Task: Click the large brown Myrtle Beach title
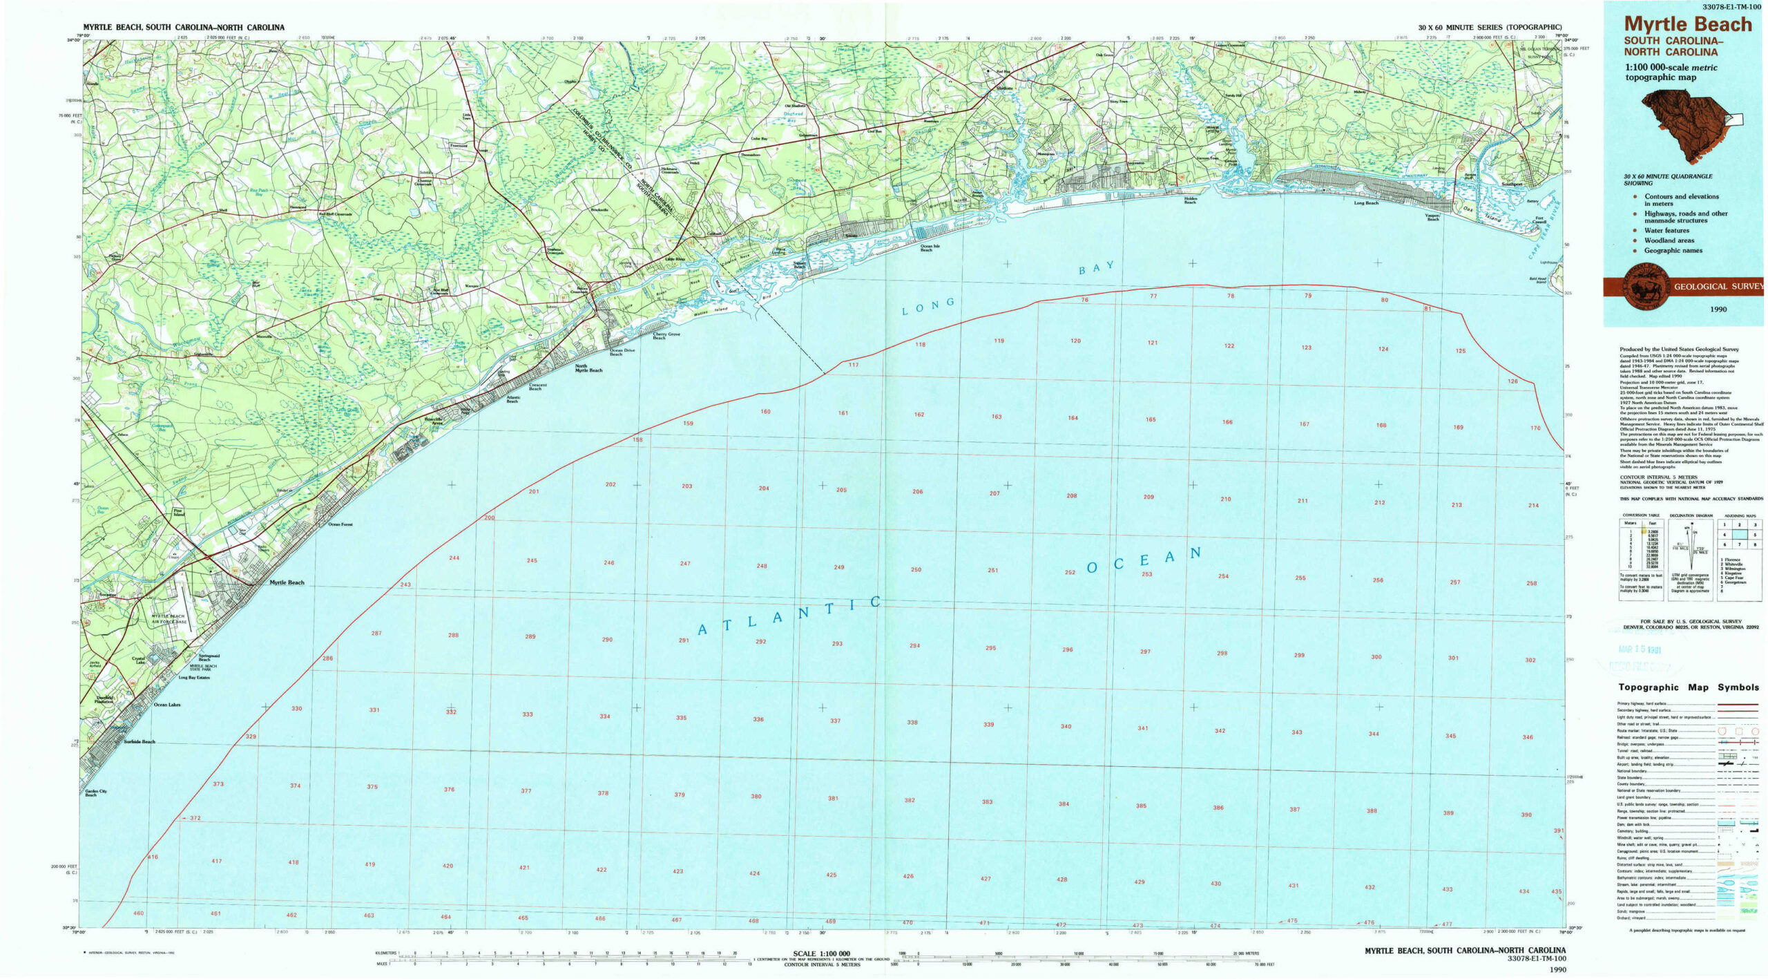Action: pyautogui.click(x=1687, y=24)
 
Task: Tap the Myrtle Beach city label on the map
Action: pyautogui.click(x=287, y=582)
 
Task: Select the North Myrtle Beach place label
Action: pyautogui.click(x=588, y=368)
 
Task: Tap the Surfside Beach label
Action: pyautogui.click(x=140, y=741)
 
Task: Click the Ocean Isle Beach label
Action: pyautogui.click(x=930, y=247)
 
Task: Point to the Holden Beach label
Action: pyautogui.click(x=1190, y=200)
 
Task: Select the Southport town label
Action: pyautogui.click(x=1512, y=184)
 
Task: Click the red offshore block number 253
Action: pyautogui.click(x=1146, y=574)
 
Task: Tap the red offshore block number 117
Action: pyautogui.click(x=853, y=365)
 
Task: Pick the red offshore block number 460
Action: pyautogui.click(x=138, y=913)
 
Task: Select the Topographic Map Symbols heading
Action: pyautogui.click(x=1689, y=687)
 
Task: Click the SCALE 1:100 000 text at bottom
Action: pyautogui.click(x=821, y=953)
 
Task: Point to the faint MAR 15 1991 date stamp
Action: pyautogui.click(x=1640, y=649)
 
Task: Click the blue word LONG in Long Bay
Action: pyautogui.click(x=928, y=306)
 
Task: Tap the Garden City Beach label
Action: pyautogui.click(x=95, y=792)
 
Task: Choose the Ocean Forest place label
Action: pyautogui.click(x=340, y=524)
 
